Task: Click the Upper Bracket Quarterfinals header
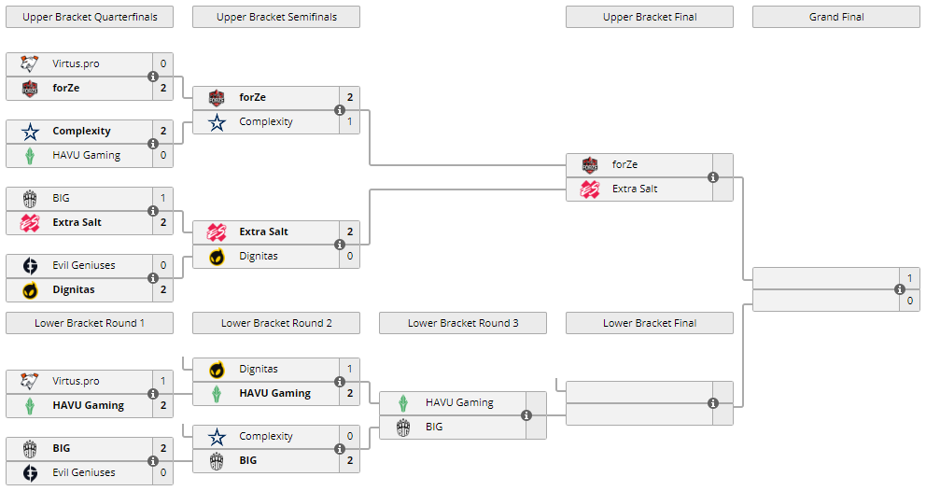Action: (x=90, y=17)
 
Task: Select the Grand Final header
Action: (x=836, y=17)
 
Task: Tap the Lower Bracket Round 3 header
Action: (x=463, y=323)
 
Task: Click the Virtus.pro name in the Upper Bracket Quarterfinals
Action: (x=76, y=64)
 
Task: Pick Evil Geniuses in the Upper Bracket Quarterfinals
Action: (x=84, y=265)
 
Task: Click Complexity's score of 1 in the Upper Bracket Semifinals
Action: (x=350, y=121)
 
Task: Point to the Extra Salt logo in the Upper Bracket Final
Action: (x=590, y=189)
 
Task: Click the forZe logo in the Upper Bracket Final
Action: (x=590, y=165)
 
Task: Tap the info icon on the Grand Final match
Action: (x=900, y=288)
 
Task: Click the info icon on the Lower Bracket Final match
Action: (x=713, y=403)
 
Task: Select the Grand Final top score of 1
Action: (x=910, y=277)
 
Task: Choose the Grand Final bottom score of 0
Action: (x=910, y=301)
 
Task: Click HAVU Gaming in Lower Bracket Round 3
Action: (x=459, y=402)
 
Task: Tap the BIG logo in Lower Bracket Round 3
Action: (x=403, y=427)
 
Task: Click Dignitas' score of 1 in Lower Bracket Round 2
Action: (x=350, y=369)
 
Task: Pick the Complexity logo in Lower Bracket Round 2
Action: (x=217, y=436)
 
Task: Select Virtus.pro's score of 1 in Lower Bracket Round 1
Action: (x=163, y=381)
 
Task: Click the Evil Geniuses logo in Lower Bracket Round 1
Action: (x=30, y=472)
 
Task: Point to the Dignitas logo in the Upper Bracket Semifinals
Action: (x=217, y=256)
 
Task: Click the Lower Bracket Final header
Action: (x=650, y=323)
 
